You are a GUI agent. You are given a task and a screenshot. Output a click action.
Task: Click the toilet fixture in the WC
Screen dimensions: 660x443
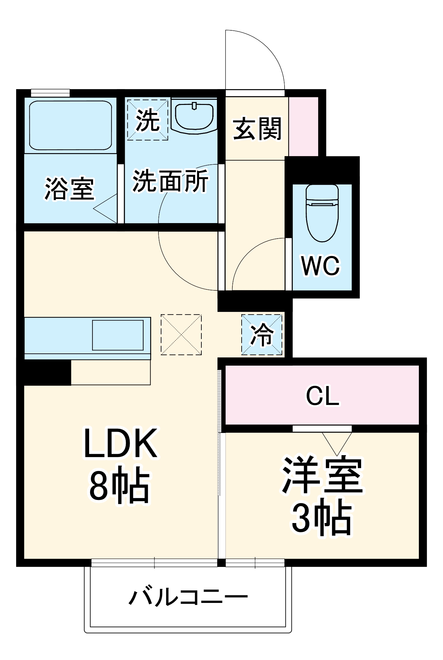click(x=322, y=213)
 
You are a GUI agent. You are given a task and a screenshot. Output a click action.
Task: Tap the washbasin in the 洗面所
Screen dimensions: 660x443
click(x=194, y=117)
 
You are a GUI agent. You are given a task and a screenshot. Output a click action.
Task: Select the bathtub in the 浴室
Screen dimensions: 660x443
click(x=70, y=125)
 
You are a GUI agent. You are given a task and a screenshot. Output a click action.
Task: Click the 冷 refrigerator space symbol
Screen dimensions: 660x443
click(x=262, y=335)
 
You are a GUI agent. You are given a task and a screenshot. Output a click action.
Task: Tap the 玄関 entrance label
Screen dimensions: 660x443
click(x=257, y=129)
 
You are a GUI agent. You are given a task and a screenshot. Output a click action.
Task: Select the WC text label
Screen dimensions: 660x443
click(x=321, y=266)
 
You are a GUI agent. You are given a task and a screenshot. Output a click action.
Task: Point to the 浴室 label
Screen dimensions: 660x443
click(x=70, y=189)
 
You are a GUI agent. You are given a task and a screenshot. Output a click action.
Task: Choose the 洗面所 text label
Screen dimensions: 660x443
click(x=170, y=181)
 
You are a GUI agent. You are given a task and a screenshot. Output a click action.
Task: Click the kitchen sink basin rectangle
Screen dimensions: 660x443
click(x=118, y=335)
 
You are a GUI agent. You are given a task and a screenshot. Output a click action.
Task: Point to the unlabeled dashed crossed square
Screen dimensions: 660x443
click(x=181, y=335)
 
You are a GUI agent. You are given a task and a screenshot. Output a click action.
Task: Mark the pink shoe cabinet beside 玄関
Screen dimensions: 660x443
click(x=304, y=126)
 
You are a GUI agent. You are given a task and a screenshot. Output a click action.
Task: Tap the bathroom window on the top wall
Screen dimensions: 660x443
click(x=50, y=93)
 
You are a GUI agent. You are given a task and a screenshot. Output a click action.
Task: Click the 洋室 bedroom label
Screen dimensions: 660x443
click(x=322, y=475)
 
